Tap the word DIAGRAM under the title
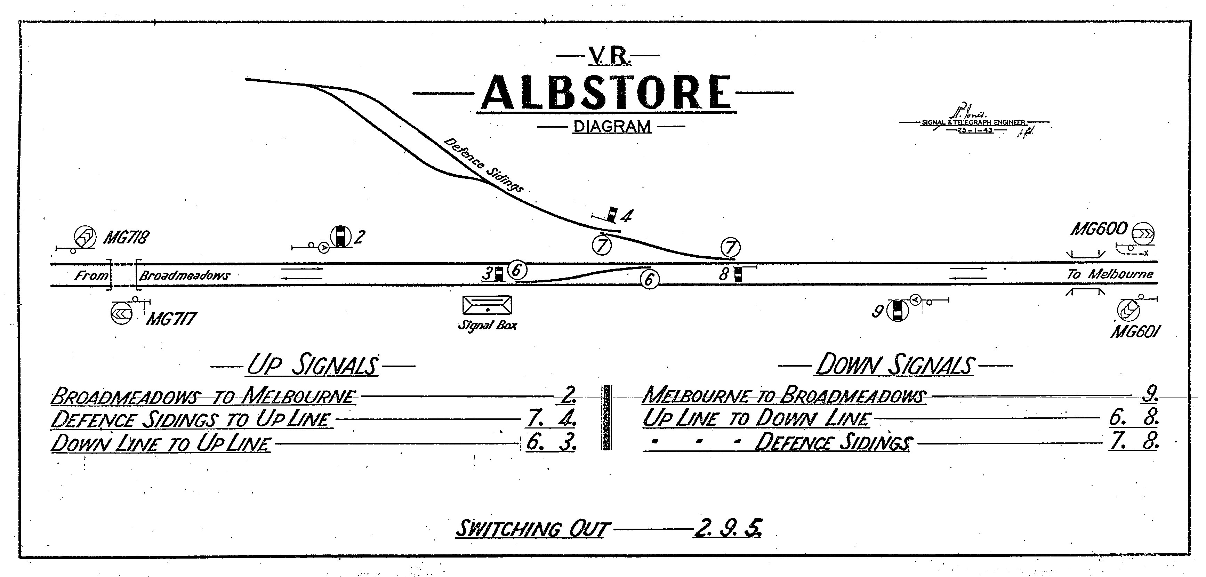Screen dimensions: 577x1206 coord(612,127)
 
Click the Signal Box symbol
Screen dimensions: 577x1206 coord(487,305)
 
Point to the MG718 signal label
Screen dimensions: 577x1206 coord(126,238)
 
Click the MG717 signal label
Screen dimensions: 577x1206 coord(171,319)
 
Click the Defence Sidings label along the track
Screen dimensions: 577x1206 coord(483,165)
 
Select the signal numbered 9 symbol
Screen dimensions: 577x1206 coord(897,311)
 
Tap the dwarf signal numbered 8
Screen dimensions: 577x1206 coord(738,274)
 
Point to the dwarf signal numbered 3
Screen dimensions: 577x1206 coord(499,273)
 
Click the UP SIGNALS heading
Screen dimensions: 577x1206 coord(312,365)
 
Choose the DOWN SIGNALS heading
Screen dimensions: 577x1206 coord(895,365)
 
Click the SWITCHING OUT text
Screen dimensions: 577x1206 coord(532,529)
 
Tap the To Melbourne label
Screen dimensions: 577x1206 coord(1110,274)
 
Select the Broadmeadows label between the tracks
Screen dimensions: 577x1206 coord(184,275)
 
